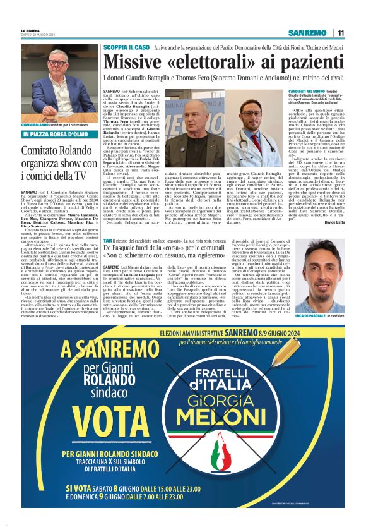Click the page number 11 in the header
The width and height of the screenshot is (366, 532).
click(x=341, y=33)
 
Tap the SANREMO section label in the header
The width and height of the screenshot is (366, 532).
click(x=307, y=33)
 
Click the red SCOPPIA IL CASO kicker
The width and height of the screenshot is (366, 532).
click(x=126, y=47)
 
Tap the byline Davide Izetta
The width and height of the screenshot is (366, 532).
click(x=344, y=223)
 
